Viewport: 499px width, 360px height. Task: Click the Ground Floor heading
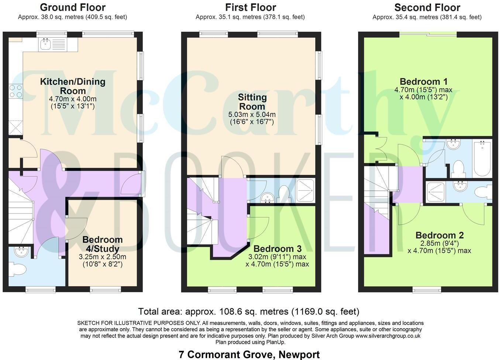coord(72,7)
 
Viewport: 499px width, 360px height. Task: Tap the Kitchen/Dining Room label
coord(73,86)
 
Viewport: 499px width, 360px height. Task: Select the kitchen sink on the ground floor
coord(46,45)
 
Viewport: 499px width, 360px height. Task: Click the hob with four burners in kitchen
coord(16,91)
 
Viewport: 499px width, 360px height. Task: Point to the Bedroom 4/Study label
coord(102,244)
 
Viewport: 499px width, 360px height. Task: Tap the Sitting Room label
coord(252,102)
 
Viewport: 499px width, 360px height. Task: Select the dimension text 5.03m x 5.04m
coord(252,114)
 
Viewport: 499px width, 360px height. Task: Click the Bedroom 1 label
coord(420,82)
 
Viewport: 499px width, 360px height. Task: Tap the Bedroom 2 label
coord(439,235)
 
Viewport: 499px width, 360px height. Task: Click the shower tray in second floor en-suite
coord(436,192)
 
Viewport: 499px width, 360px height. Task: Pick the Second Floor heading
coord(427,7)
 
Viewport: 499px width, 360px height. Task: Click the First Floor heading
coord(250,7)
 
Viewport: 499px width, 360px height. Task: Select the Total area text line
coord(248,312)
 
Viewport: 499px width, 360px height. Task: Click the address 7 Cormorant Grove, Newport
coord(249,355)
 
